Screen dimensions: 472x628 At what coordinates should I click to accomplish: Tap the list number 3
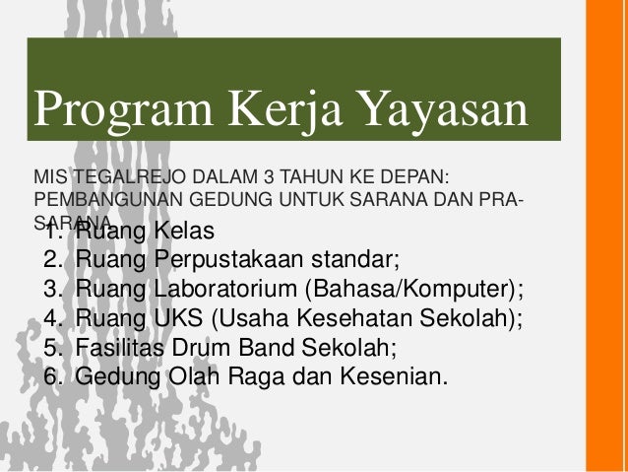pos(52,292)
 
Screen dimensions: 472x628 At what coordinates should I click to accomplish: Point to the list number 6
pos(52,377)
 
